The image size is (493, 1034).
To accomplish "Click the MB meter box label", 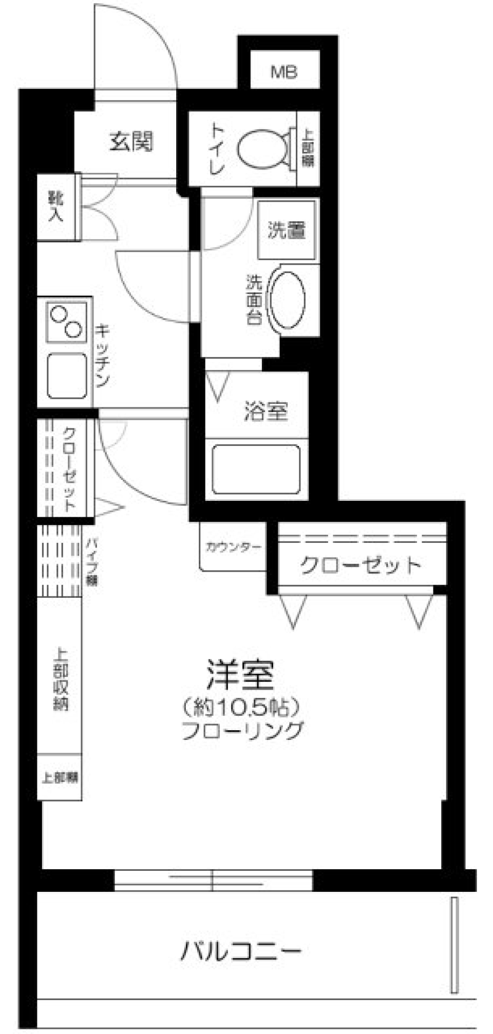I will pyautogui.click(x=284, y=72).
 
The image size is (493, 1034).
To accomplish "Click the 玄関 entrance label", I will pyautogui.click(x=131, y=141).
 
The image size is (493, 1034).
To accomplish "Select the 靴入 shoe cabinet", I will pyautogui.click(x=56, y=206).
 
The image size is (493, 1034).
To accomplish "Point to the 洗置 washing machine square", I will pyautogui.click(x=286, y=230).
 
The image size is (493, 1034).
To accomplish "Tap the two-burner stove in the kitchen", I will pyautogui.click(x=66, y=322).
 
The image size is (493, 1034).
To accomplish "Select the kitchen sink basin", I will pyautogui.click(x=67, y=375).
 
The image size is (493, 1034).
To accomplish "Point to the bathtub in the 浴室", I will pyautogui.click(x=256, y=469).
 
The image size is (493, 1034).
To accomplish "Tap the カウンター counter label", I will pyautogui.click(x=233, y=547).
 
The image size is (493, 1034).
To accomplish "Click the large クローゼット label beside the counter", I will pyautogui.click(x=361, y=565).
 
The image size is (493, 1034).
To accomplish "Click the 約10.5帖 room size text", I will pyautogui.click(x=241, y=708).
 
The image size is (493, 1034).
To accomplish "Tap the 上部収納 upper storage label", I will pyautogui.click(x=60, y=680).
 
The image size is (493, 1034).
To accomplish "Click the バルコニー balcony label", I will pyautogui.click(x=240, y=951).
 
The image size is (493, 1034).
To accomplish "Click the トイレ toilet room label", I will pyautogui.click(x=216, y=148).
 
